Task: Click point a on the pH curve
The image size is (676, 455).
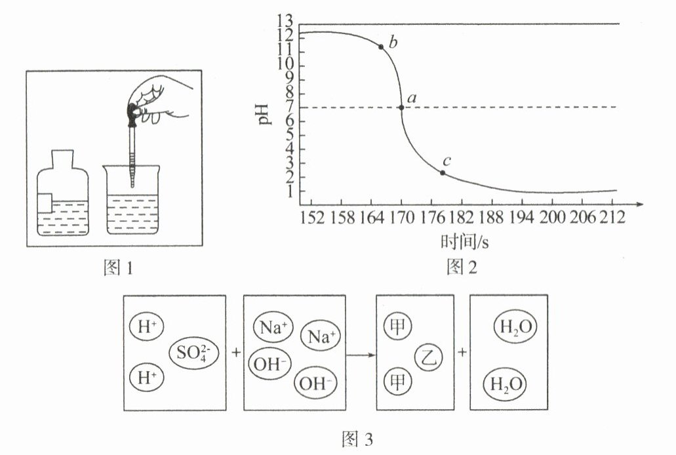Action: (401, 108)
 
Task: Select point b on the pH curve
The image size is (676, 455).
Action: (381, 47)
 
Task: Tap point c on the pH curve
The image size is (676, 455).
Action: (443, 173)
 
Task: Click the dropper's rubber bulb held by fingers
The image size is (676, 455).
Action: (134, 112)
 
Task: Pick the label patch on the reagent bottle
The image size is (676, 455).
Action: (44, 203)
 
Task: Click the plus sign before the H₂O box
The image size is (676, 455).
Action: (462, 352)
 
